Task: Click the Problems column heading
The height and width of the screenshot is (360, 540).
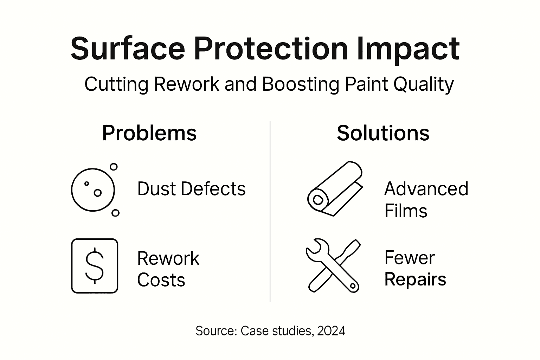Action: click(149, 133)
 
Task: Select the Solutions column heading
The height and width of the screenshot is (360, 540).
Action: click(383, 133)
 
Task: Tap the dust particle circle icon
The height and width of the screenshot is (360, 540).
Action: click(94, 190)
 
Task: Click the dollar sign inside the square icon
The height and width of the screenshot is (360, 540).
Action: click(95, 266)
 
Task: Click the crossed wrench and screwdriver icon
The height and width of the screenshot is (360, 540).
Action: click(333, 266)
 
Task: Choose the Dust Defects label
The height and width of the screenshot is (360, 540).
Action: click(191, 189)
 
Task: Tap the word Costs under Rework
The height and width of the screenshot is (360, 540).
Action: click(161, 280)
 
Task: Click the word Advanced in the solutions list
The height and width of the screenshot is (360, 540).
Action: click(426, 189)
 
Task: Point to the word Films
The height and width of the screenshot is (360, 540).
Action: click(406, 211)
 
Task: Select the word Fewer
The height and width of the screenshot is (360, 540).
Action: click(410, 258)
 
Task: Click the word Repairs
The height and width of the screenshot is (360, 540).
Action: click(415, 279)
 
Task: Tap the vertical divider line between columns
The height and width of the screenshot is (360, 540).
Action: click(270, 211)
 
